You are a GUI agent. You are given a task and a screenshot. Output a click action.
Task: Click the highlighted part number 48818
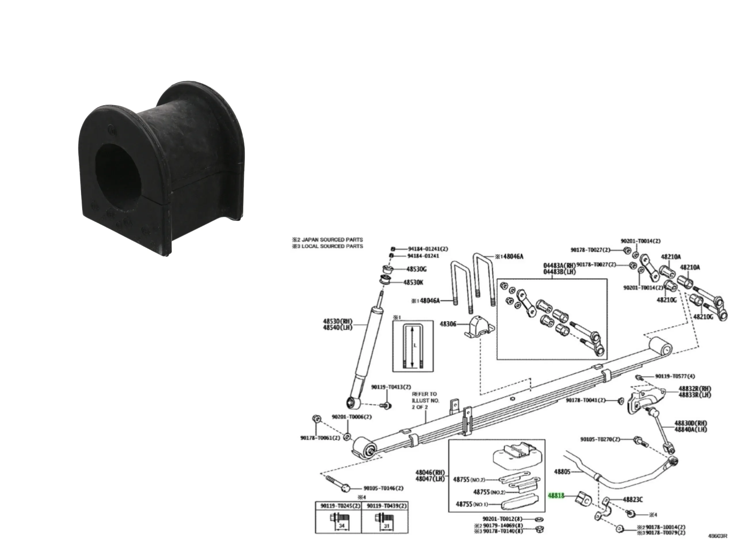pos(556,496)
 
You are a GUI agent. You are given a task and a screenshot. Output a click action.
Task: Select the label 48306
pos(448,324)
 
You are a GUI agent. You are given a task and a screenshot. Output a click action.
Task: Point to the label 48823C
pos(633,499)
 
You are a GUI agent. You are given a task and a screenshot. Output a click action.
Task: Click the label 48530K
pos(413,282)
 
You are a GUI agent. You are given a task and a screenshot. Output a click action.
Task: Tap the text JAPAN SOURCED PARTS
pos(332,239)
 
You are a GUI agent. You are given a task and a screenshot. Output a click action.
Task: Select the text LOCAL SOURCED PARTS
pos(332,246)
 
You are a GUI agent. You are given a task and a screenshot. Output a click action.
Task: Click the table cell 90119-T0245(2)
pos(338,506)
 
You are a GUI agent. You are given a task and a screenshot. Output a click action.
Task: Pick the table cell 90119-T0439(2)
pos(385,506)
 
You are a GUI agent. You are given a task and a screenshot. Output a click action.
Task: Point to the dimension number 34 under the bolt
pos(341,526)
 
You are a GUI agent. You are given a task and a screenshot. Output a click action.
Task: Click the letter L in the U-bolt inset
pos(415,345)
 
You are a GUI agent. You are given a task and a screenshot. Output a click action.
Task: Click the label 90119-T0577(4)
pos(675,376)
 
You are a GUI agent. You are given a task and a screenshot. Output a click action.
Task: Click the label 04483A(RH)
pos(559,265)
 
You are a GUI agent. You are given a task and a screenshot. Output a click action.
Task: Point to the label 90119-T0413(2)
pos(391,387)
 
